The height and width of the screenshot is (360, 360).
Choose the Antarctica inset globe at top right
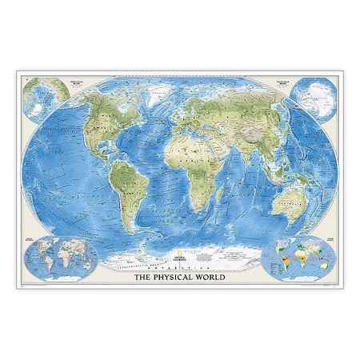[314, 96]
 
